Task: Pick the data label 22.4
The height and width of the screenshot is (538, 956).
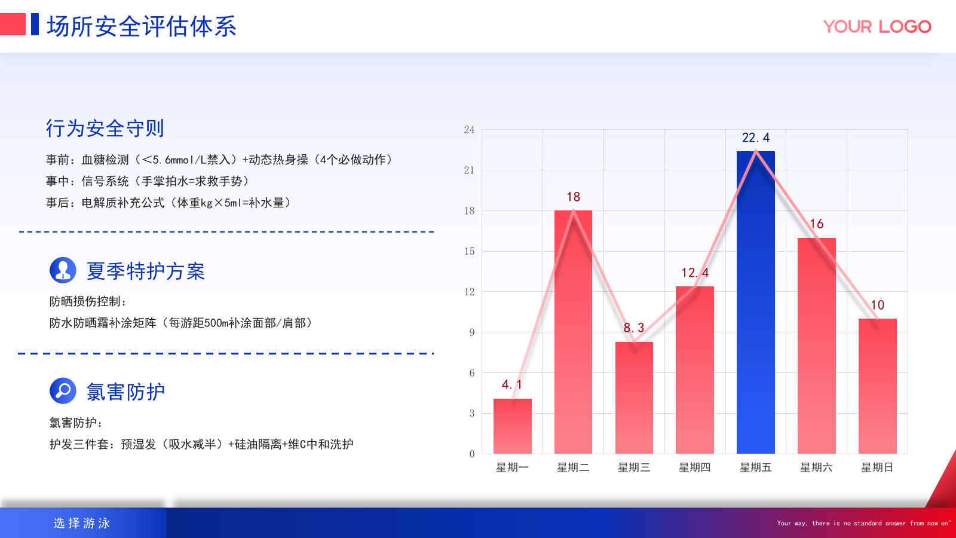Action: pos(756,138)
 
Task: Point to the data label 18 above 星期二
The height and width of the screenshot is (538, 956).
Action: pos(573,197)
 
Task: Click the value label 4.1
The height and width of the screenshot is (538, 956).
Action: pos(512,385)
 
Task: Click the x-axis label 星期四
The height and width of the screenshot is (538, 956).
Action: pos(694,467)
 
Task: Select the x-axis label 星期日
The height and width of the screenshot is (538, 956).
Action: pos(877,467)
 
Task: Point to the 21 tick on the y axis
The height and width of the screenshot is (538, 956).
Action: pos(469,170)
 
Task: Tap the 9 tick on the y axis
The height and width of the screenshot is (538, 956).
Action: pos(471,332)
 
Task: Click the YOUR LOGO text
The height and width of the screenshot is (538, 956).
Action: pos(877,27)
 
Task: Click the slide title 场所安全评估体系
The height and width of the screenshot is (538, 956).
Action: pos(142,27)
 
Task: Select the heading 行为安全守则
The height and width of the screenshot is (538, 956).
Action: pos(105,129)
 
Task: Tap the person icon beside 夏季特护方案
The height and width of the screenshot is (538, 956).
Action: pos(63,270)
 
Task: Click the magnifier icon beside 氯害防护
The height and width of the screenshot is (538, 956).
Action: pos(63,391)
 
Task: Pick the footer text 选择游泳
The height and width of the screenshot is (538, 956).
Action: pos(82,523)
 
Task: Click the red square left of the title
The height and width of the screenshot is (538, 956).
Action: pos(13,25)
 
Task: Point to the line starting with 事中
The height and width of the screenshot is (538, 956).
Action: pos(147,181)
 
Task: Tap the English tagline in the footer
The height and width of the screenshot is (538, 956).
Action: pos(863,523)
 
